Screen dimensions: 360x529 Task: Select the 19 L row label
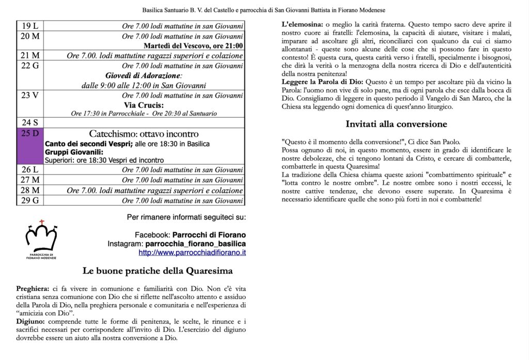pos(30,26)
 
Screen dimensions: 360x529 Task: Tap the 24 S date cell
pos(30,123)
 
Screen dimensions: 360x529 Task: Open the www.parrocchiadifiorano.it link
pos(192,253)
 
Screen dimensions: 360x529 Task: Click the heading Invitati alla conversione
pos(396,124)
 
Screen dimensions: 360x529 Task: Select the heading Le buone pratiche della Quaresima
pos(158,271)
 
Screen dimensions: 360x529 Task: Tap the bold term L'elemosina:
pos(302,25)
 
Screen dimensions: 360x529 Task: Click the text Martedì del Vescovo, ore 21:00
pos(193,45)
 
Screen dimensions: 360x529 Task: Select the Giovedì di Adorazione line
pos(144,75)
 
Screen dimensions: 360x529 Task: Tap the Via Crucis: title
pos(144,105)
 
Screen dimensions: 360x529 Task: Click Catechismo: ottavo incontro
pos(144,134)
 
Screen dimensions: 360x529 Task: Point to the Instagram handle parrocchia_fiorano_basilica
pos(195,244)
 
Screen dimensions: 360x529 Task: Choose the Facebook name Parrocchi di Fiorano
pos(209,234)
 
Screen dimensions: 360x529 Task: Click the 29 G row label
pos(30,200)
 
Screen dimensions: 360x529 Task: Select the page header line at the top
pos(264,10)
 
